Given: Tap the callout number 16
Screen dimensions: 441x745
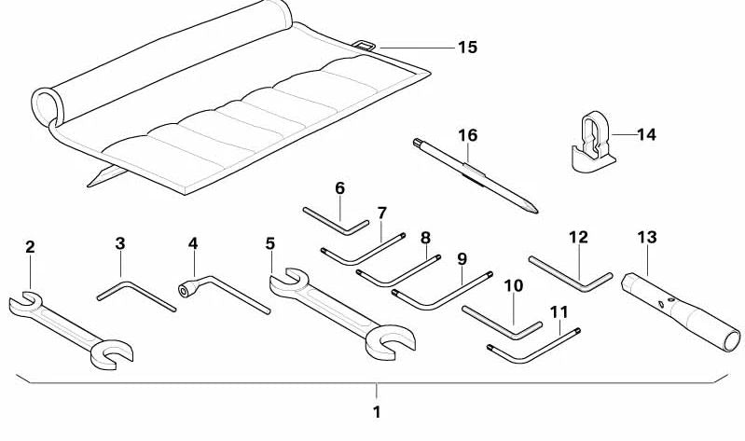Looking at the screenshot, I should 467,136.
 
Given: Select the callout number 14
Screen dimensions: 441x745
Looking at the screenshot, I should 646,135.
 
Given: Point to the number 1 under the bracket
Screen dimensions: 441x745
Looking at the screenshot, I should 377,411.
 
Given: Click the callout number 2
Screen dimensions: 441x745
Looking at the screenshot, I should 30,247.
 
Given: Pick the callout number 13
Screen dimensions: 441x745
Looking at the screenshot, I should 647,238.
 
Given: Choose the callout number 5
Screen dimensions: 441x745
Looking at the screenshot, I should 270,244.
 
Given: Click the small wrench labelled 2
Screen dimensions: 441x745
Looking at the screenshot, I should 69,326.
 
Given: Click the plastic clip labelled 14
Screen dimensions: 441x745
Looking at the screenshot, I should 589,145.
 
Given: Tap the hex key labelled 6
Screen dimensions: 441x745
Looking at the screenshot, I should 336,221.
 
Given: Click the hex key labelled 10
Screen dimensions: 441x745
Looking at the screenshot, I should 499,322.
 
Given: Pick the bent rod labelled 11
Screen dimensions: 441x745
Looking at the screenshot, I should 531,350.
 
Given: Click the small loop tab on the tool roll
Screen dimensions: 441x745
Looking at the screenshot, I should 366,45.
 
